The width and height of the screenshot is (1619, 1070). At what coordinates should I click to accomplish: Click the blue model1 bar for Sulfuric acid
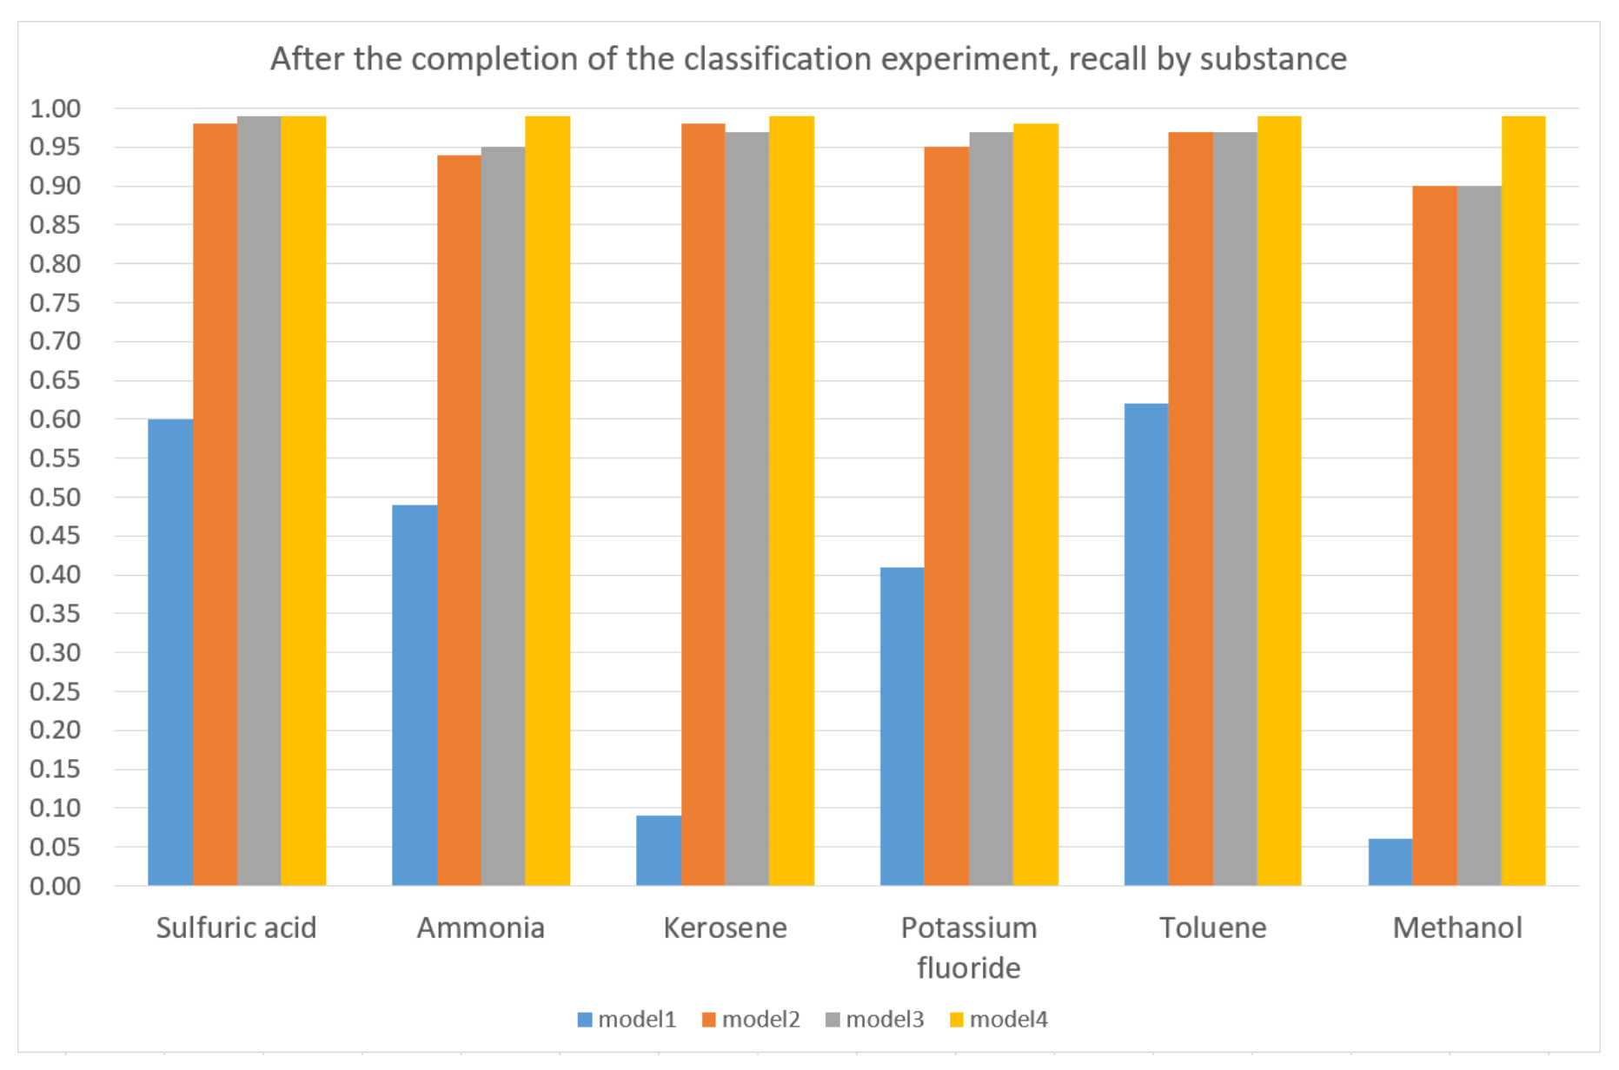tap(170, 651)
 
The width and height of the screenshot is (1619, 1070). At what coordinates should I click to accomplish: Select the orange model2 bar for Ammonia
tap(459, 521)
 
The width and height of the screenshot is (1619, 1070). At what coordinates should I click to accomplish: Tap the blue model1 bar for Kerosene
tap(658, 850)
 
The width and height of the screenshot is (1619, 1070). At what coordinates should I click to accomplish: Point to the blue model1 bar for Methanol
tap(1390, 862)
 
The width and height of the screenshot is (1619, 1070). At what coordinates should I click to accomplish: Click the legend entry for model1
tap(627, 1020)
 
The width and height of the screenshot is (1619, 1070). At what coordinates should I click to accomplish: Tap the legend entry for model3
tap(874, 1020)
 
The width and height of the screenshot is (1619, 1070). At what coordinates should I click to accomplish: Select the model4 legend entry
tap(999, 1020)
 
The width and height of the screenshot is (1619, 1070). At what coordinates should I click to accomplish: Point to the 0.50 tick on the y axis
tap(55, 498)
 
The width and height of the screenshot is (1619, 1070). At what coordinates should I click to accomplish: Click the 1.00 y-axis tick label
tap(55, 109)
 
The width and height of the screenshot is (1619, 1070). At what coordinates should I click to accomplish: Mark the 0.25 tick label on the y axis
tap(55, 692)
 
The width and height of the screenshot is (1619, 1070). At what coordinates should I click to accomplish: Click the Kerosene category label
tap(725, 928)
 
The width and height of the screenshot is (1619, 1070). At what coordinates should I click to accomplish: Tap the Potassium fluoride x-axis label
tap(969, 947)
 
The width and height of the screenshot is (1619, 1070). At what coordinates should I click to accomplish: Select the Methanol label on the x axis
tap(1457, 928)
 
